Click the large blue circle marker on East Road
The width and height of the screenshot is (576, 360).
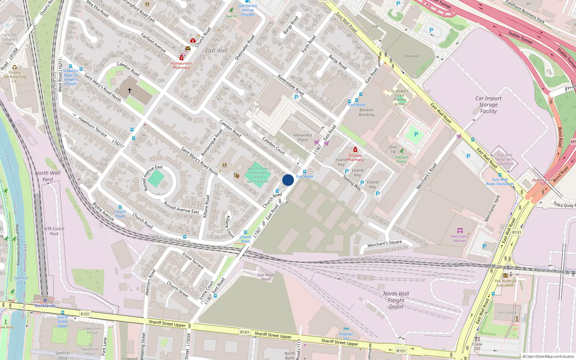tap(288, 180)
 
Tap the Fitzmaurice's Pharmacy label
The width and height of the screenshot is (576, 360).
tap(181, 65)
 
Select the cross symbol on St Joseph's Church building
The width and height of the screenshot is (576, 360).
tap(130, 90)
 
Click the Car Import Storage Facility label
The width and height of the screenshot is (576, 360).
tap(488, 105)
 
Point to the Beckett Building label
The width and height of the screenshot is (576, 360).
tap(366, 112)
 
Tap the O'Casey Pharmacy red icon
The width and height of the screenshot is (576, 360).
tap(355, 150)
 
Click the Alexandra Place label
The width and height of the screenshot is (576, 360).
tap(302, 138)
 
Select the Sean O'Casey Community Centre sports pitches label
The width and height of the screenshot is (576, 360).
tap(258, 175)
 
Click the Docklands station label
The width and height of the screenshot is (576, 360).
tap(45, 306)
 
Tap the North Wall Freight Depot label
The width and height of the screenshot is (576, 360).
tap(396, 300)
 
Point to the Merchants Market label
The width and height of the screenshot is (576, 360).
tap(460, 238)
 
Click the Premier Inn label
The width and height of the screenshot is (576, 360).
tap(346, 336)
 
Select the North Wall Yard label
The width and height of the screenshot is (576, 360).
tap(48, 176)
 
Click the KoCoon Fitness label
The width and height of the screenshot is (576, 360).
tap(401, 159)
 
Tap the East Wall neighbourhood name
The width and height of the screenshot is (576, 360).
tap(216, 51)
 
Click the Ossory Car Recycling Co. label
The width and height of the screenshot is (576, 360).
tap(14, 76)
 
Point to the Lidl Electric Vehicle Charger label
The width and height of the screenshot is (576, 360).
tap(248, 10)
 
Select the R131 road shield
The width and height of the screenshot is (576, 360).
tap(517, 233)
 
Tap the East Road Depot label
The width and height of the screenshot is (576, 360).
tap(265, 277)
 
